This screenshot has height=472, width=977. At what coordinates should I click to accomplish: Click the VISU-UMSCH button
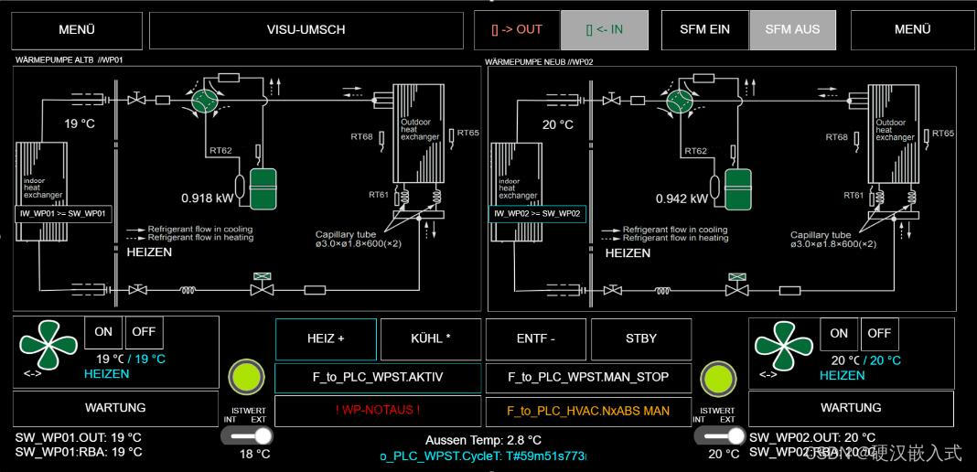[306, 30]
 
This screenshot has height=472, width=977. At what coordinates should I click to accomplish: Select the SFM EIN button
[704, 30]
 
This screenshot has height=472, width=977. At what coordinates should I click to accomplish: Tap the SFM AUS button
[792, 30]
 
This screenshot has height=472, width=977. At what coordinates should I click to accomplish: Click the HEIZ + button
[326, 338]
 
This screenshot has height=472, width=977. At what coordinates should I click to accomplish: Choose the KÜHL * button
[430, 338]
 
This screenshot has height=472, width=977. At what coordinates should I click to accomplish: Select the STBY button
[640, 338]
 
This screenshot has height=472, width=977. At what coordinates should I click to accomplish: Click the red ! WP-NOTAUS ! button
[377, 411]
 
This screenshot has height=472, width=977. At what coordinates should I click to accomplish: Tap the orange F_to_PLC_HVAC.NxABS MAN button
[588, 411]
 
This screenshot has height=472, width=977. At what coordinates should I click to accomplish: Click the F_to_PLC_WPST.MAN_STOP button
[588, 377]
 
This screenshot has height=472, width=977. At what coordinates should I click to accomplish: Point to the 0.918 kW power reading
[208, 198]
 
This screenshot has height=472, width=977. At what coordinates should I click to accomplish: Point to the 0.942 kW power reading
[682, 198]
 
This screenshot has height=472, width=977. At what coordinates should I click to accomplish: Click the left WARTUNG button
[115, 408]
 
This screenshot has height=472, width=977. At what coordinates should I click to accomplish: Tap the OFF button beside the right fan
[879, 333]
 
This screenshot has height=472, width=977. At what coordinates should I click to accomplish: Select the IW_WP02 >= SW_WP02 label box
[537, 213]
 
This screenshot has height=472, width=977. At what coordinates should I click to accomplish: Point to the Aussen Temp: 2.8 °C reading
[483, 440]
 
